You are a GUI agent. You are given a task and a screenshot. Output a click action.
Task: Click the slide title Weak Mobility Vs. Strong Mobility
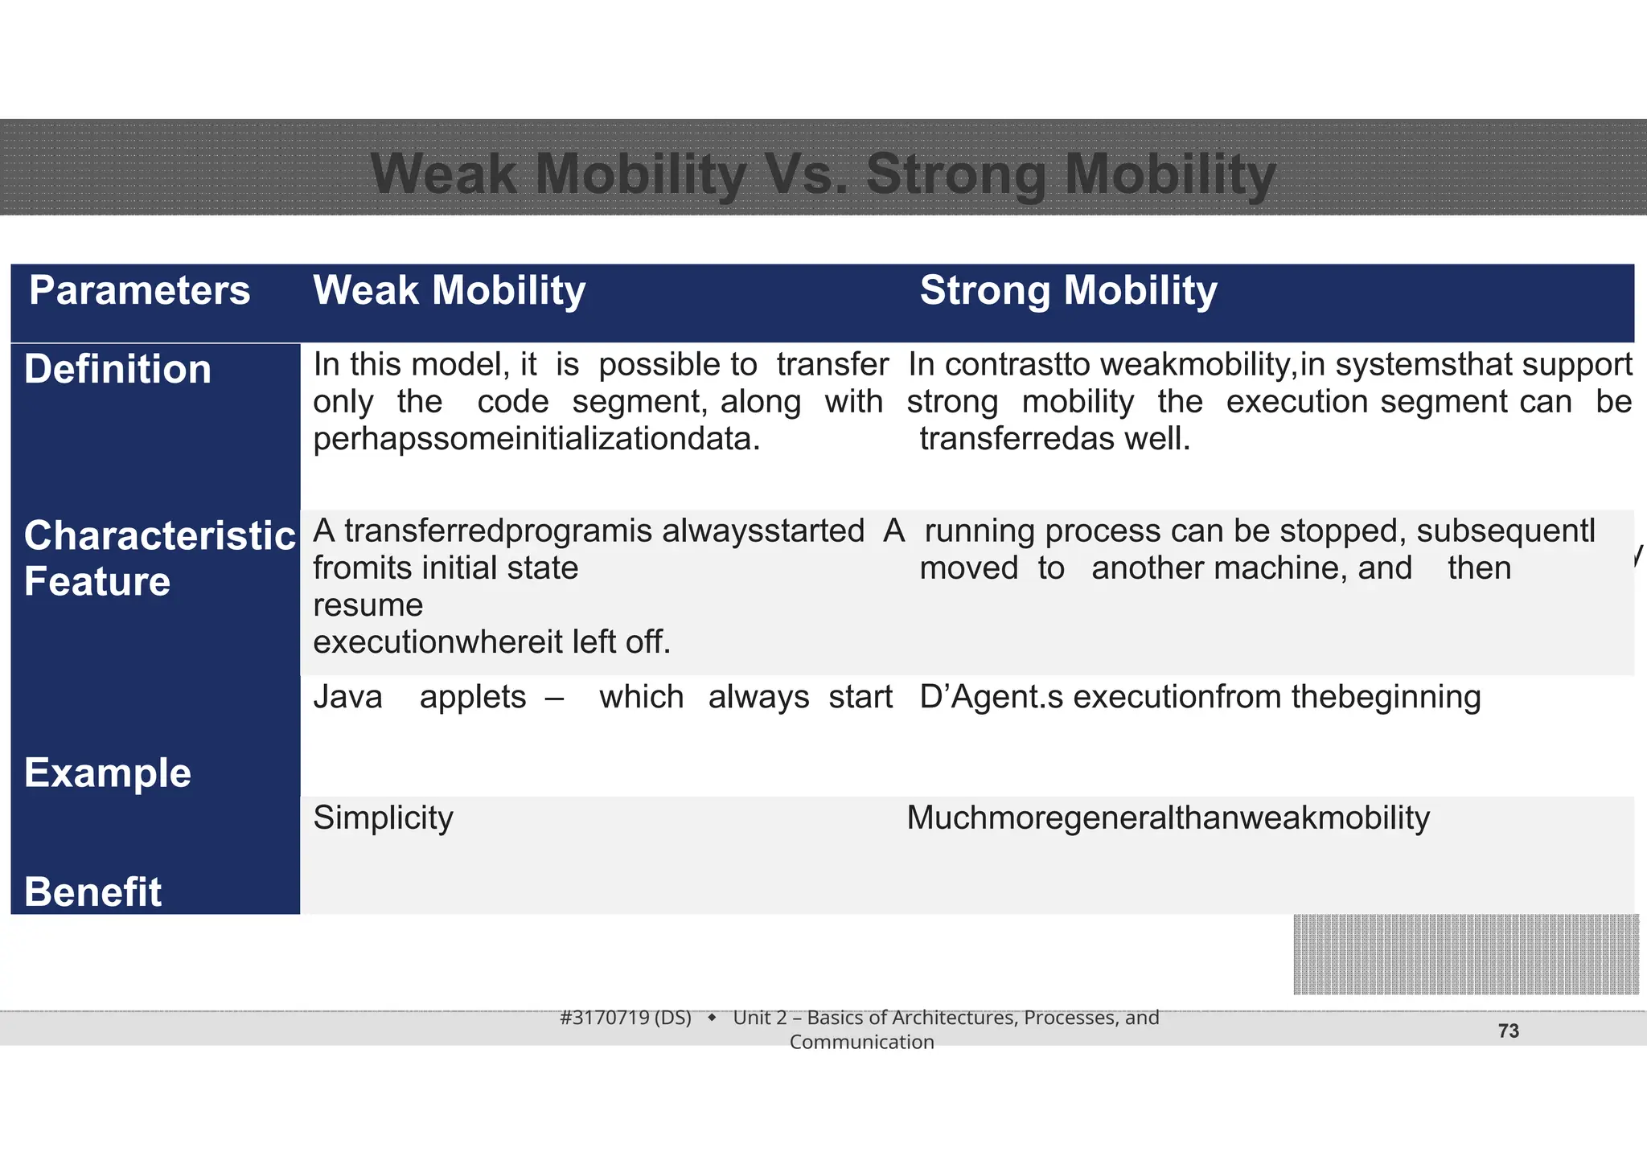click(823, 174)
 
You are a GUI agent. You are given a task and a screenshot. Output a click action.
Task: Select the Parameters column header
click(139, 290)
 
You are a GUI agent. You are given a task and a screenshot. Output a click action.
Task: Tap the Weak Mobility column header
click(449, 290)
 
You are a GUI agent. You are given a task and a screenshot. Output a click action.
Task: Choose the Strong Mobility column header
click(1068, 290)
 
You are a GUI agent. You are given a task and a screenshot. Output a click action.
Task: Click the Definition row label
click(117, 370)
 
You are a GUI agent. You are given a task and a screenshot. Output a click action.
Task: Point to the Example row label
click(108, 773)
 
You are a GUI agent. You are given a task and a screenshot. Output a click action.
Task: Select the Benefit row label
click(93, 892)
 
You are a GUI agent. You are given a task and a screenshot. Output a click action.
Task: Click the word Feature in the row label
click(97, 581)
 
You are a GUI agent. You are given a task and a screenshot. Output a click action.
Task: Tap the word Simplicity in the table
click(383, 818)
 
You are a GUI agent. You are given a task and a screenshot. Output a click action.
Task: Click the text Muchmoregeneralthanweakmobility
click(1168, 818)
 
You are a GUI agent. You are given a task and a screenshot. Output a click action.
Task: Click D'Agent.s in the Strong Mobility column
click(991, 697)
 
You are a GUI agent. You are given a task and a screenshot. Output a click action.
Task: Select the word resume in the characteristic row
click(368, 605)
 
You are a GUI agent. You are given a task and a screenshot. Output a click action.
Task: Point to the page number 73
click(1509, 1031)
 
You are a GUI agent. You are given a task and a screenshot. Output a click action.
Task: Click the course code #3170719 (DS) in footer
click(625, 1018)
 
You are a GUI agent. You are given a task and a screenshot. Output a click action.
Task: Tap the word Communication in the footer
click(861, 1043)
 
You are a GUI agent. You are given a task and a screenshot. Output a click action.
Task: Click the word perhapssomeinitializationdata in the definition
click(536, 439)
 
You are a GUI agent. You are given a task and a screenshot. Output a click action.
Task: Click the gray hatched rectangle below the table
click(1465, 954)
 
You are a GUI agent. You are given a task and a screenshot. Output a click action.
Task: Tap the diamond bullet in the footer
click(712, 1018)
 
